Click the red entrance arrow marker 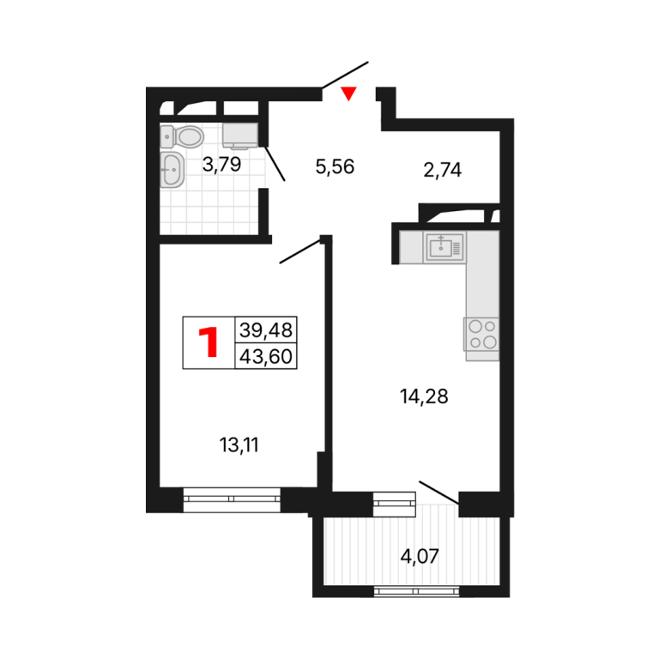pos(348,93)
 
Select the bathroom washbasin pos(172,170)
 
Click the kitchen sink pos(444,247)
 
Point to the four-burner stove pos(481,335)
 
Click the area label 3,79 pos(221,165)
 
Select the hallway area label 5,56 pos(335,166)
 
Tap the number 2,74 pos(443,170)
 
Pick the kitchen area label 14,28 pos(424,396)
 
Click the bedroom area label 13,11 pos(239,445)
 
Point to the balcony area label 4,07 pos(420,556)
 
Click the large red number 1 pos(209,342)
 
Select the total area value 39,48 pos(266,330)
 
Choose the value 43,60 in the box pos(266,357)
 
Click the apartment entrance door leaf pos(345,75)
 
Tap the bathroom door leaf pos(275,164)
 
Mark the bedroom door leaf pos(300,251)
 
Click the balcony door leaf pos(439,493)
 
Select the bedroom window pos(232,499)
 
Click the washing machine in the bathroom pos(240,136)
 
